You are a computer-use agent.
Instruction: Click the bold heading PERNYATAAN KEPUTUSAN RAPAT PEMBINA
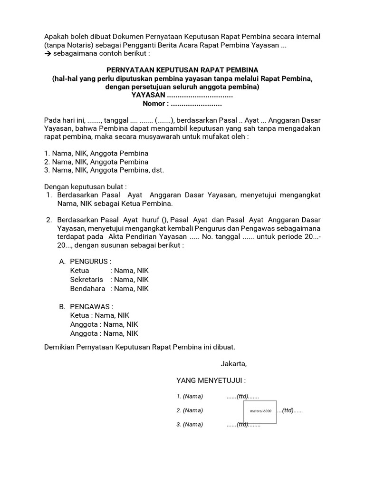[x=182, y=70]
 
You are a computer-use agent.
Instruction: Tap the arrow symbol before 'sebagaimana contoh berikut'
[x=48, y=54]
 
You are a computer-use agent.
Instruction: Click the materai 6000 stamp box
[x=257, y=410]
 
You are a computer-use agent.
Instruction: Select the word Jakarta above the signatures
[x=233, y=364]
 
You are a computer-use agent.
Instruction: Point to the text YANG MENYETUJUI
[x=211, y=380]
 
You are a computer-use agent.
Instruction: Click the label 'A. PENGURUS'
[x=86, y=262]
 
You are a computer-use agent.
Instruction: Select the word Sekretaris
[x=87, y=280]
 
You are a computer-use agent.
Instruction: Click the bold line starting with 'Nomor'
[x=182, y=104]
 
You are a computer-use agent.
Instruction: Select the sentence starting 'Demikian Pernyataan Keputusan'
[x=140, y=348]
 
